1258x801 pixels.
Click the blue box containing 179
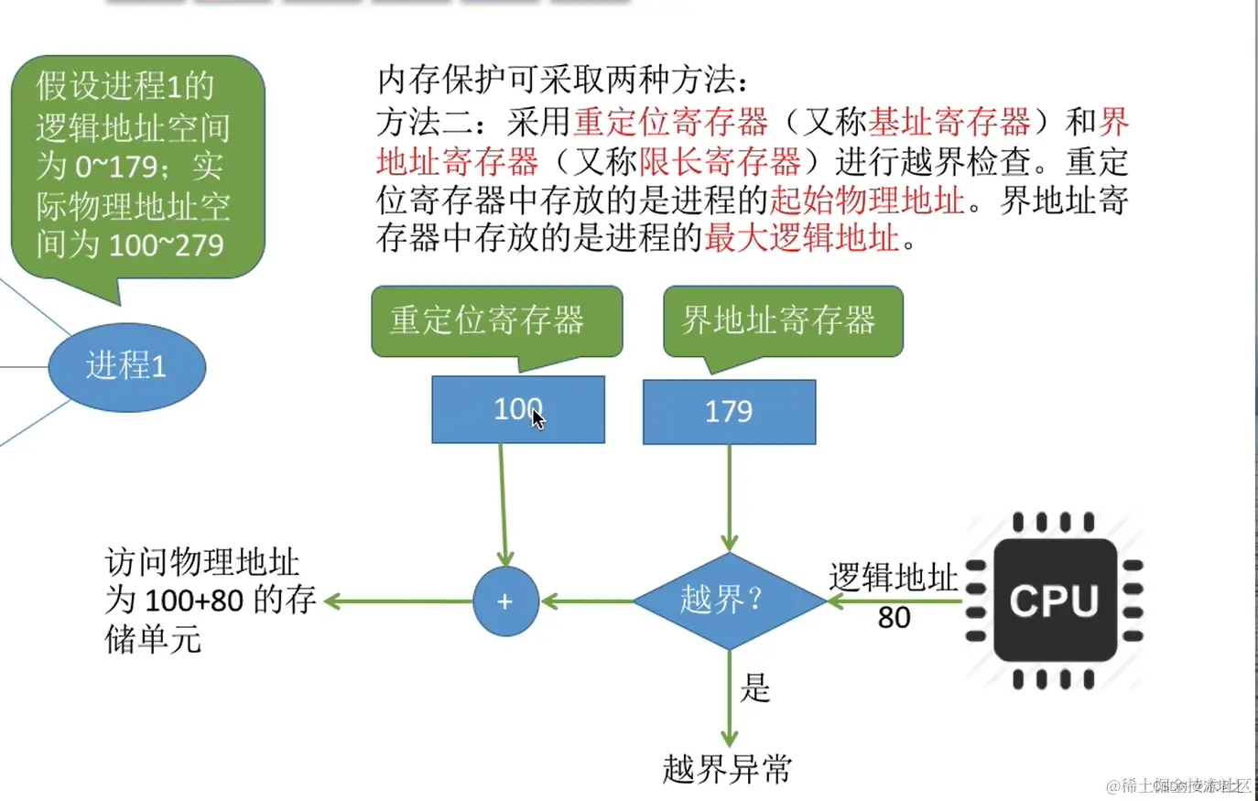click(729, 412)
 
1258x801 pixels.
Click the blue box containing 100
click(517, 409)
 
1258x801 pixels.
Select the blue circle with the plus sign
click(505, 601)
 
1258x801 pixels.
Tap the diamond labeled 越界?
click(729, 601)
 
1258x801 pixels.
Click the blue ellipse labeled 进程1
click(126, 366)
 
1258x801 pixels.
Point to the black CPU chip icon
click(1054, 601)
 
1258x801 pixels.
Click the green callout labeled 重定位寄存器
click(495, 320)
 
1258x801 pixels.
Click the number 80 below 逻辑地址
click(894, 618)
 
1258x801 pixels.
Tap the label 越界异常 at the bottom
click(727, 769)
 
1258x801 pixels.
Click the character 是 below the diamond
click(755, 687)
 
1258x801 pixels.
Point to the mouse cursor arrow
click(538, 419)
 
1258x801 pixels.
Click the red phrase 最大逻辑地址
click(802, 238)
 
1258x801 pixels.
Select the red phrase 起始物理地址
click(867, 200)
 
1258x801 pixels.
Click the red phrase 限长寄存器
click(720, 162)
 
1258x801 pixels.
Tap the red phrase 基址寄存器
click(949, 122)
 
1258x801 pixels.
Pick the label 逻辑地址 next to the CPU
click(893, 578)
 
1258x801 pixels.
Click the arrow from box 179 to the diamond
click(729, 499)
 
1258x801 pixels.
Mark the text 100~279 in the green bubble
click(167, 245)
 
